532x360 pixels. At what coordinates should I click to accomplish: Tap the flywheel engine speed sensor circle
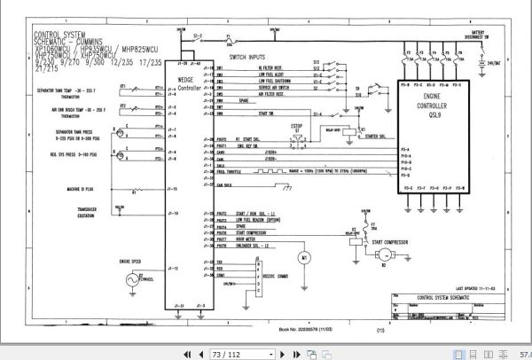[x=135, y=278]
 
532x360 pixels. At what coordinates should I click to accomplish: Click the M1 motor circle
[x=303, y=257]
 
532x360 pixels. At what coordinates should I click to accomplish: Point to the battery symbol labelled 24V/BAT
[x=476, y=63]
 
